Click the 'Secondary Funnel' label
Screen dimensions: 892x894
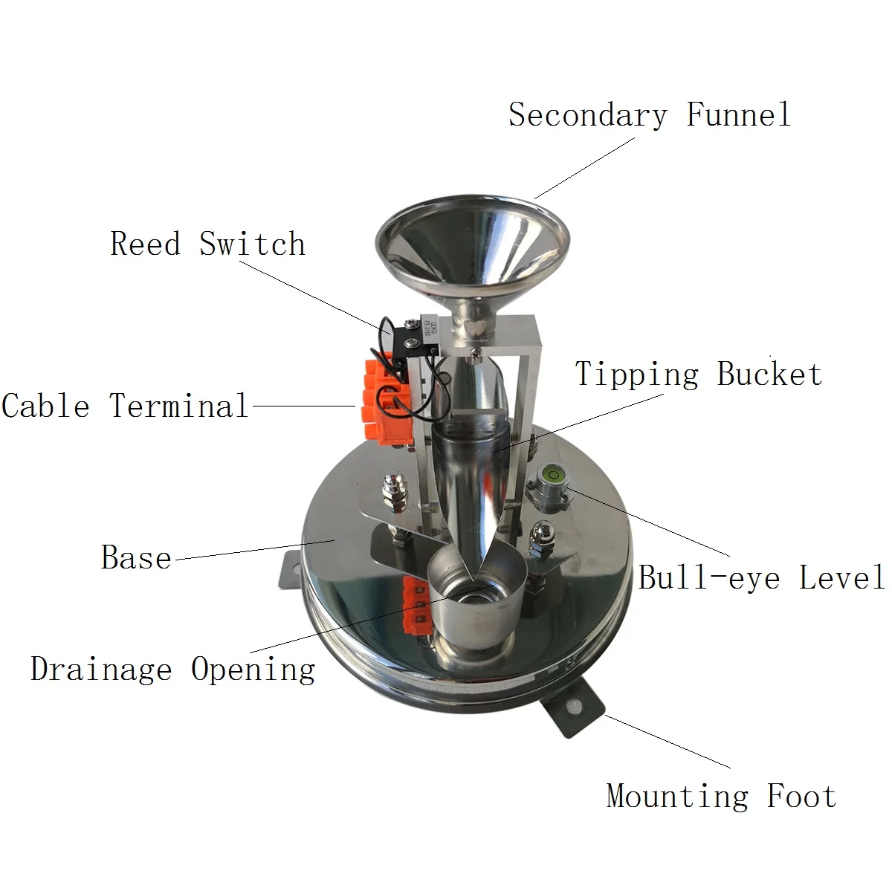pos(649,115)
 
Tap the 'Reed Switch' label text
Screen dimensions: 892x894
pos(207,244)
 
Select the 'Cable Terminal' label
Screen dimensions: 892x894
pos(125,406)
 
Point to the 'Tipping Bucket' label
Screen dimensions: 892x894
pos(699,374)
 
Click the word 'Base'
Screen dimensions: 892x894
pos(136,558)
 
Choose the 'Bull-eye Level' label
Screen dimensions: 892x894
pos(761,577)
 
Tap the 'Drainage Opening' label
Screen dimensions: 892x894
pos(172,669)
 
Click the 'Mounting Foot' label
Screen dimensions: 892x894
pos(721,796)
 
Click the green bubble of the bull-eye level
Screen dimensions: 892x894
pos(554,472)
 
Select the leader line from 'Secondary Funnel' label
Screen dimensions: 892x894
pos(584,167)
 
